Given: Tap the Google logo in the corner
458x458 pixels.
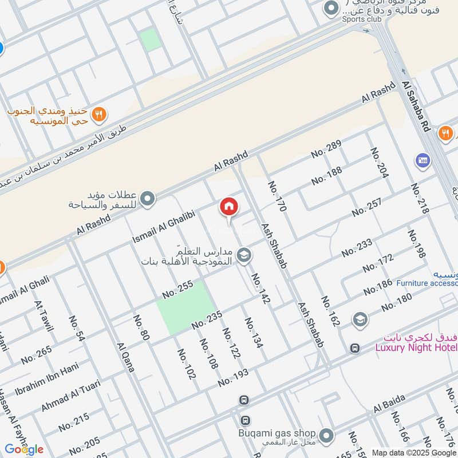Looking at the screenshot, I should pos(24,449).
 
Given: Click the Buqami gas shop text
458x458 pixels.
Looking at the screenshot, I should pos(278,433).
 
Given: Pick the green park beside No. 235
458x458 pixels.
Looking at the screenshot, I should pos(185,308).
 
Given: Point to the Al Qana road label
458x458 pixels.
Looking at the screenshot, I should pos(125,357).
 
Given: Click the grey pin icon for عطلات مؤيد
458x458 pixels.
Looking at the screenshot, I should pos(148,199).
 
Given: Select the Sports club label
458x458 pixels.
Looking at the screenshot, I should pos(362,18).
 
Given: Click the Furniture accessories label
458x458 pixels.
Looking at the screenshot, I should pos(427,283).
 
